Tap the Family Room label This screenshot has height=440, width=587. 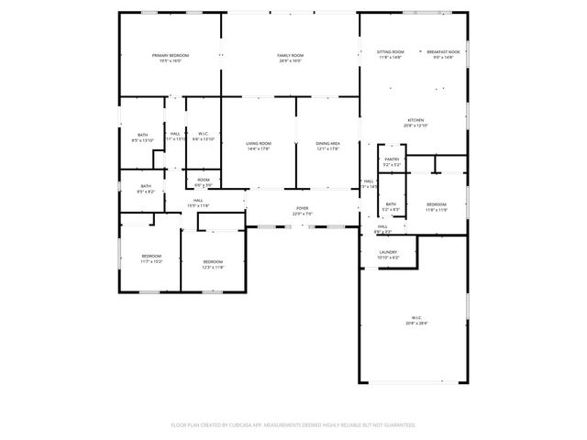[291, 56]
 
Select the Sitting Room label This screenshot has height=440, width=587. [391, 52]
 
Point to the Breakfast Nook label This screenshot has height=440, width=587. [443, 52]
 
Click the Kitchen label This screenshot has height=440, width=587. [415, 120]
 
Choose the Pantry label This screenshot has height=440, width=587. [392, 159]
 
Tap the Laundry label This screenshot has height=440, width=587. [387, 252]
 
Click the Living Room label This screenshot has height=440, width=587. [259, 143]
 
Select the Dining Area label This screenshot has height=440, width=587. [328, 143]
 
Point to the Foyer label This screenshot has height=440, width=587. [302, 209]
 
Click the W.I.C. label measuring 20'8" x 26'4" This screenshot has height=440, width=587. [415, 318]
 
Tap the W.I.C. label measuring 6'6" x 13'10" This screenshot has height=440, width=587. [203, 134]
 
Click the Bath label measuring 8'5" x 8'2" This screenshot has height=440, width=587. [146, 186]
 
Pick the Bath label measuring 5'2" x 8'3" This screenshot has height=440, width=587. [392, 204]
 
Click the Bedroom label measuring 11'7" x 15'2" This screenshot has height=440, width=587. [151, 256]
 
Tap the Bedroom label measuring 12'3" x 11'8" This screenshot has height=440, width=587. [213, 261]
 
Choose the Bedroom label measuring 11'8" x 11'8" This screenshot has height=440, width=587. [437, 204]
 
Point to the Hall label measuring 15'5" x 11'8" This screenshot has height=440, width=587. [198, 200]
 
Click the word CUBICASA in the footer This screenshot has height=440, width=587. [243, 425]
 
